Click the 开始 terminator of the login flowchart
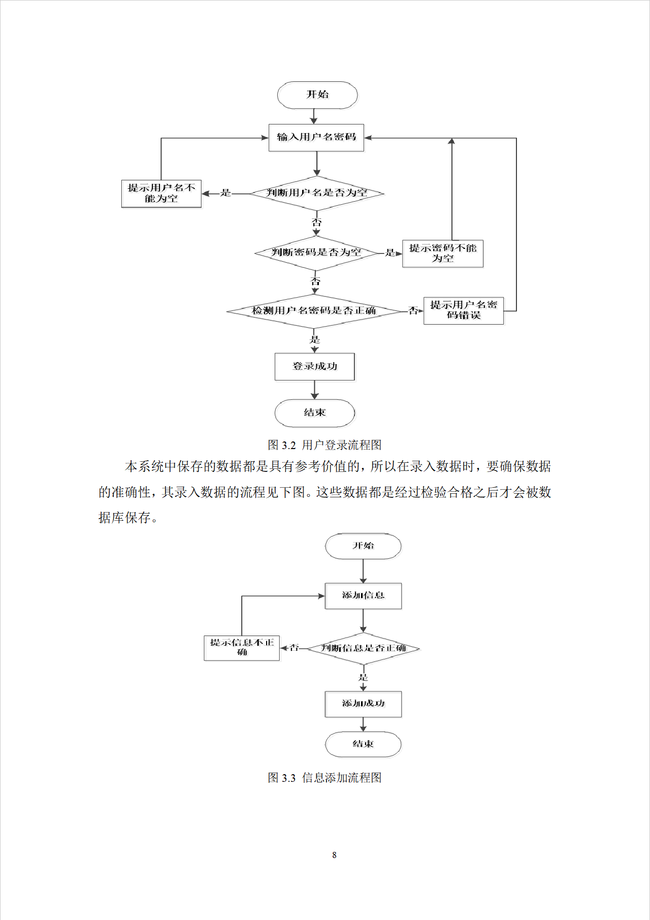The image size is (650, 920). click(x=317, y=95)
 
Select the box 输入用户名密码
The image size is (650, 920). click(x=316, y=137)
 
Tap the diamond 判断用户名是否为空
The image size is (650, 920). click(x=317, y=193)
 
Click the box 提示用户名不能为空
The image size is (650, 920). click(x=161, y=194)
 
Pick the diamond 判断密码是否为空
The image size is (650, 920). click(x=316, y=252)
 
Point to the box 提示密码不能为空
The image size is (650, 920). click(x=443, y=253)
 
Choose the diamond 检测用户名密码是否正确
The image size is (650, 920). click(x=314, y=311)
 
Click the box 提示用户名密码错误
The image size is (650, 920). click(x=464, y=310)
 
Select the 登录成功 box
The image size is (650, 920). click(x=315, y=366)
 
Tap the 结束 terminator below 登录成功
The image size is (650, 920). click(x=315, y=413)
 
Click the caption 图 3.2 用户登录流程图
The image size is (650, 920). click(x=324, y=445)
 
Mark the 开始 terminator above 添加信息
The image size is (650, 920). click(x=363, y=546)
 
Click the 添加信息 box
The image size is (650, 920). click(x=363, y=595)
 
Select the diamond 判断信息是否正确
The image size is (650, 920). click(x=363, y=648)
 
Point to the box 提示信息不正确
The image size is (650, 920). click(x=242, y=648)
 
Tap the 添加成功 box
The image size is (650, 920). click(x=363, y=704)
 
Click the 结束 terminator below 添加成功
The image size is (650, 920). click(x=363, y=744)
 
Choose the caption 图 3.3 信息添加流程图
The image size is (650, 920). click(x=324, y=778)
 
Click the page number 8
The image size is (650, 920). click(x=334, y=855)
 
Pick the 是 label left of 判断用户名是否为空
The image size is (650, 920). click(x=225, y=193)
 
